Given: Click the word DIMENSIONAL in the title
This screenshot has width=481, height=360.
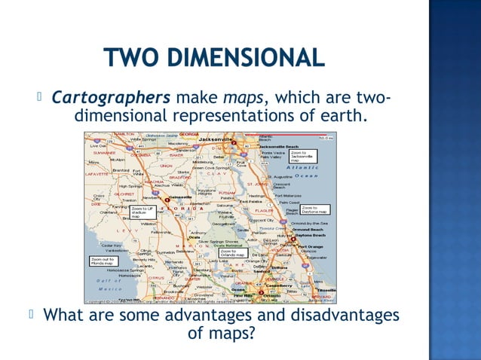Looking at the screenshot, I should (246, 57).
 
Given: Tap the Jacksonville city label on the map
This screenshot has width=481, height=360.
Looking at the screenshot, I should (216, 139).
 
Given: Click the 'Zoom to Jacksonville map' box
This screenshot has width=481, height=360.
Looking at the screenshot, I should (302, 156).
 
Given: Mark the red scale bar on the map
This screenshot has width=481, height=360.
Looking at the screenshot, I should (324, 138).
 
